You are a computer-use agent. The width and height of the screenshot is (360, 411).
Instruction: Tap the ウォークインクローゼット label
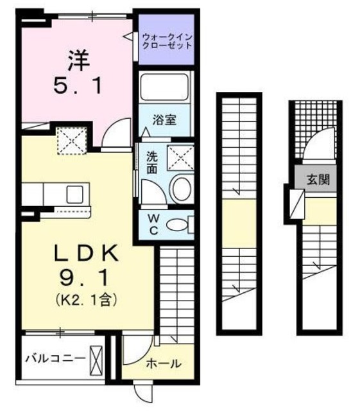click(x=167, y=43)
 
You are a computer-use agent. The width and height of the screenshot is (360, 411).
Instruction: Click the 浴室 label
click(x=166, y=119)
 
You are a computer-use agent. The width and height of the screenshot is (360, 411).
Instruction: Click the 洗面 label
click(x=151, y=162)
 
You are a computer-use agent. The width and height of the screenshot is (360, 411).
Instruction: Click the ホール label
click(x=164, y=363)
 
